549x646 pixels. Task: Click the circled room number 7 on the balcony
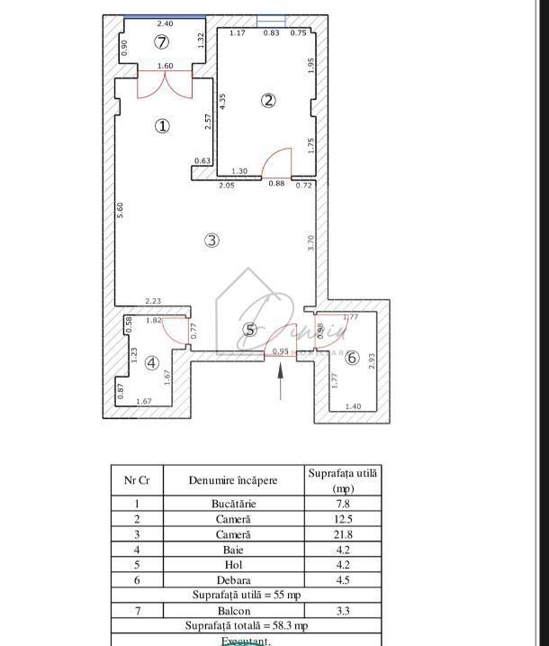[161, 41]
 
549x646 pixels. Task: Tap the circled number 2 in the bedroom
[268, 100]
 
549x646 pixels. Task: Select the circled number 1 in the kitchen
[162, 126]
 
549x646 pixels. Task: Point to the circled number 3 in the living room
[211, 240]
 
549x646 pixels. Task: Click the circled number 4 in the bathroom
[151, 363]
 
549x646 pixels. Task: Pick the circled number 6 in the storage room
[352, 358]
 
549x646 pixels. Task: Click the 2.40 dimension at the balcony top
[165, 23]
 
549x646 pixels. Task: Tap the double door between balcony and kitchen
[166, 83]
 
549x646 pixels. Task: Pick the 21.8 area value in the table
[344, 534]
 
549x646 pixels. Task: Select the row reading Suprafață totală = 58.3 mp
[245, 625]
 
